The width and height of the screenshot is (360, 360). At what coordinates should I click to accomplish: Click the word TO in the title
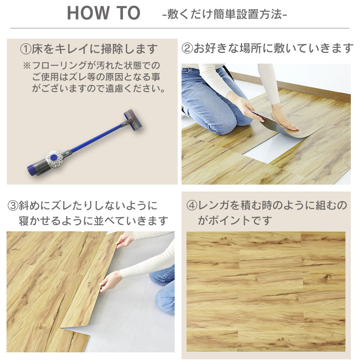coord(129,13)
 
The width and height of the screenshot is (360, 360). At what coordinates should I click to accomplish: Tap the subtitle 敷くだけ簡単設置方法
coord(224,14)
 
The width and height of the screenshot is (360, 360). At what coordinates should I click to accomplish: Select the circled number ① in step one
coord(26,49)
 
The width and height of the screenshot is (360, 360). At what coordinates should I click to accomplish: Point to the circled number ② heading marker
coord(187,48)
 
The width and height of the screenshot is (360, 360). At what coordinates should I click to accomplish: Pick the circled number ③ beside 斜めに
coord(13,206)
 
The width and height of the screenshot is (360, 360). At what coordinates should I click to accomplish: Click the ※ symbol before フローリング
coord(27,65)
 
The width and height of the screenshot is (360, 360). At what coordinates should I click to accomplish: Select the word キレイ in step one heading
coord(72,49)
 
